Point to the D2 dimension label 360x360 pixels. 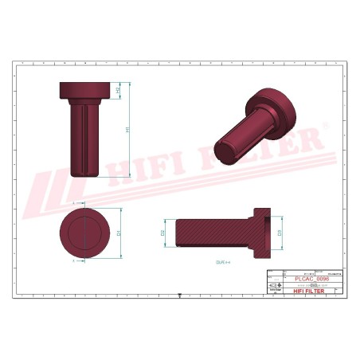coord(162,233)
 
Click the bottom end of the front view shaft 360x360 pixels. coord(84,173)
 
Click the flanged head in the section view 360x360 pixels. coord(262,233)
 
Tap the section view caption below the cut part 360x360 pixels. coord(222,260)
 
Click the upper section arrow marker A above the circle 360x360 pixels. coord(73,204)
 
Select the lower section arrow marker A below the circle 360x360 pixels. coord(73,260)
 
